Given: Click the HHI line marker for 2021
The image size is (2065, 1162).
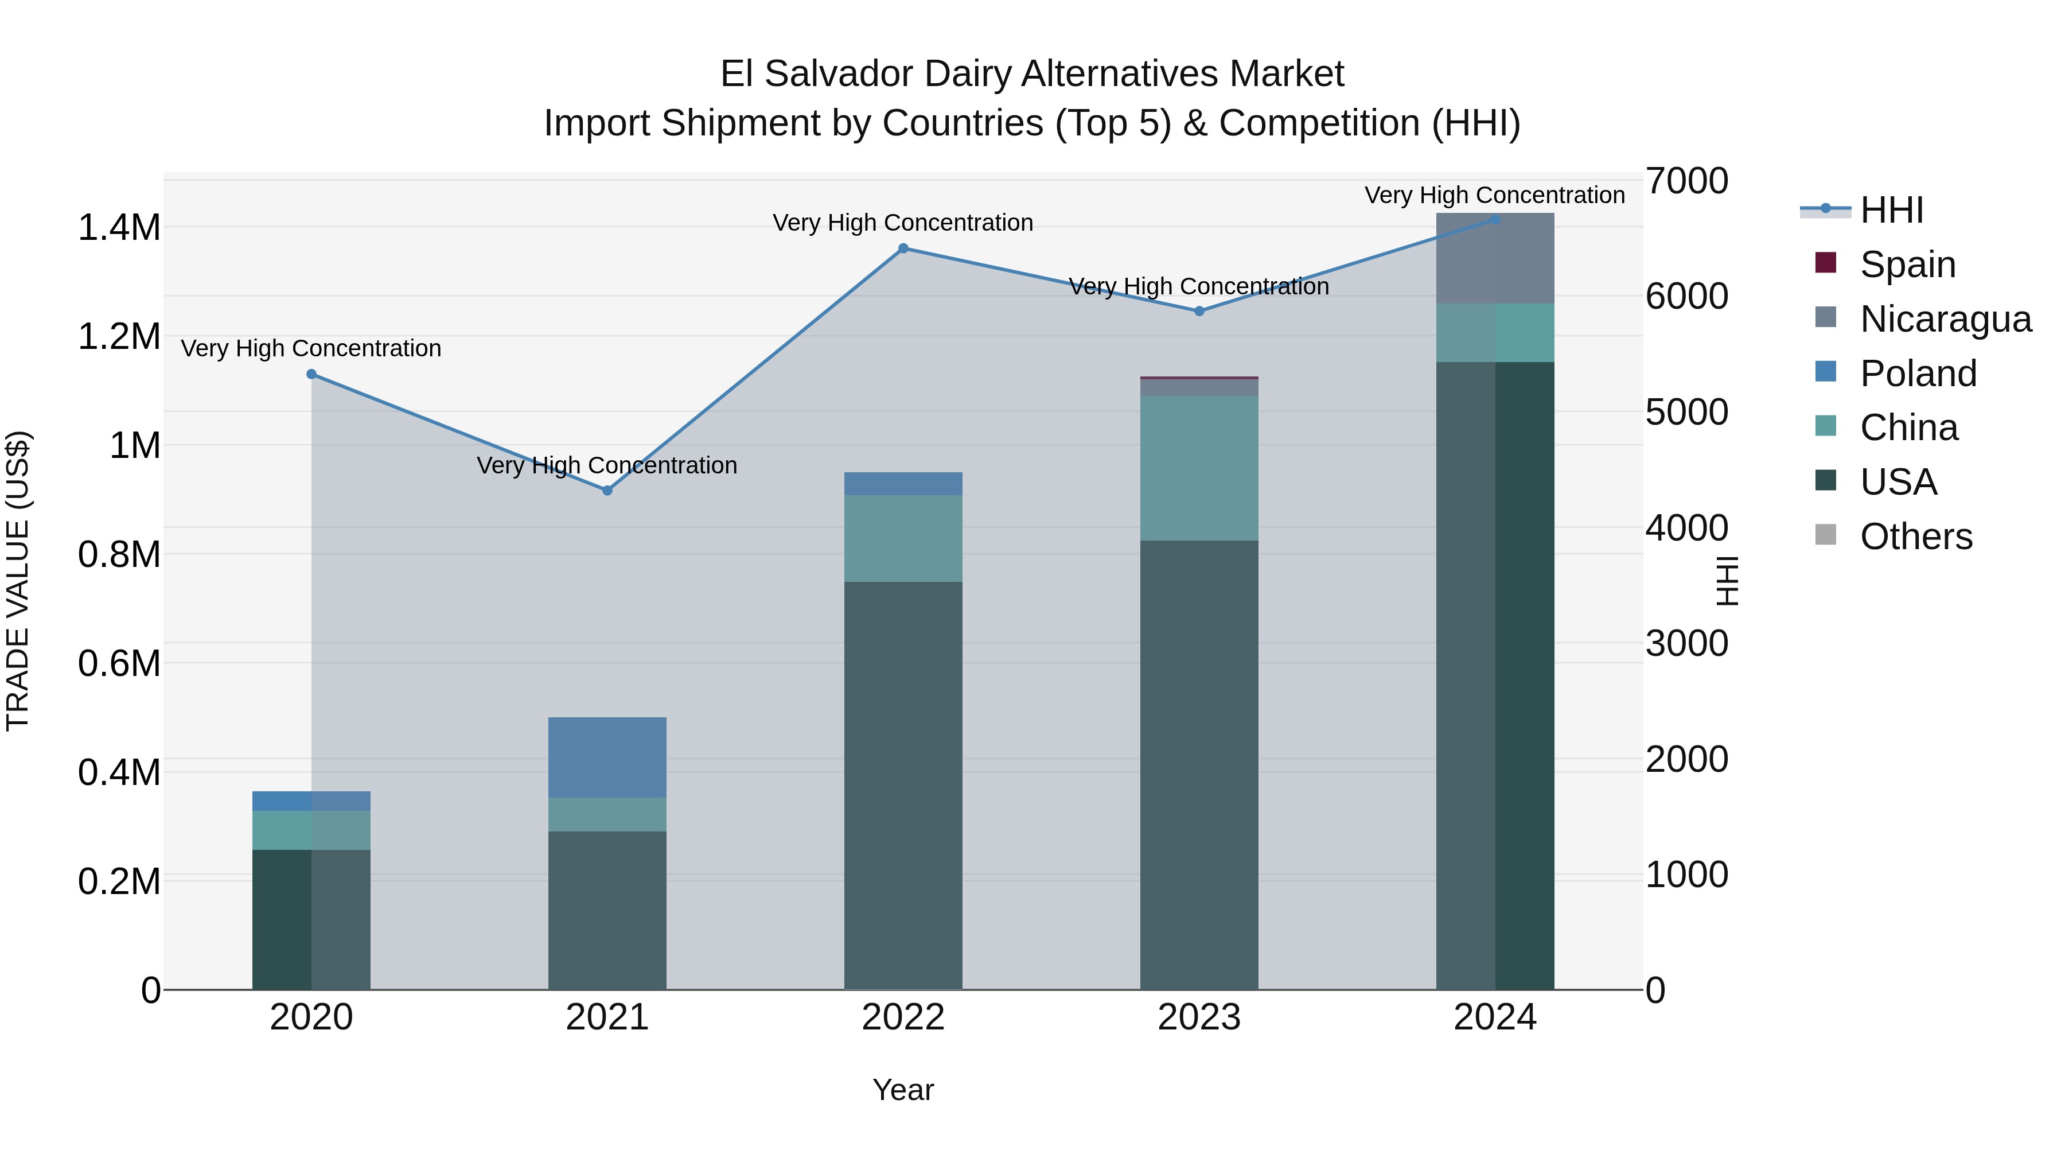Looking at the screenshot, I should click(x=607, y=490).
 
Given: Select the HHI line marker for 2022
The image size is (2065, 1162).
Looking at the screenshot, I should click(x=903, y=248).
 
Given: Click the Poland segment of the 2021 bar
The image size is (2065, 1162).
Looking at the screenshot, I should click(x=607, y=756).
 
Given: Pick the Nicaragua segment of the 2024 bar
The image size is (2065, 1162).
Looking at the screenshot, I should click(x=1494, y=258).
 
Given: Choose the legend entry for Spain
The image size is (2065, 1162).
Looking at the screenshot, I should click(x=1907, y=264).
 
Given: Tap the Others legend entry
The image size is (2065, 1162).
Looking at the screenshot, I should click(x=1915, y=536).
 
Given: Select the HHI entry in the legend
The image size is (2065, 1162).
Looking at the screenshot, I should click(x=1891, y=210).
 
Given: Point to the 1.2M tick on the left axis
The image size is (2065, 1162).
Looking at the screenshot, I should click(x=119, y=336).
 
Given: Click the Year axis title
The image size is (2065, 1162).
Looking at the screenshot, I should click(x=903, y=1090).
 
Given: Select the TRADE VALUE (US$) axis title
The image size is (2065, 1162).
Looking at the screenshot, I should click(x=18, y=581).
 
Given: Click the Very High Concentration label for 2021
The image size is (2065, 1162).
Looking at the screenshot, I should click(x=607, y=465).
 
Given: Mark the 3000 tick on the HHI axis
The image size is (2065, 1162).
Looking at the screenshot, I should click(x=1686, y=643).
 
